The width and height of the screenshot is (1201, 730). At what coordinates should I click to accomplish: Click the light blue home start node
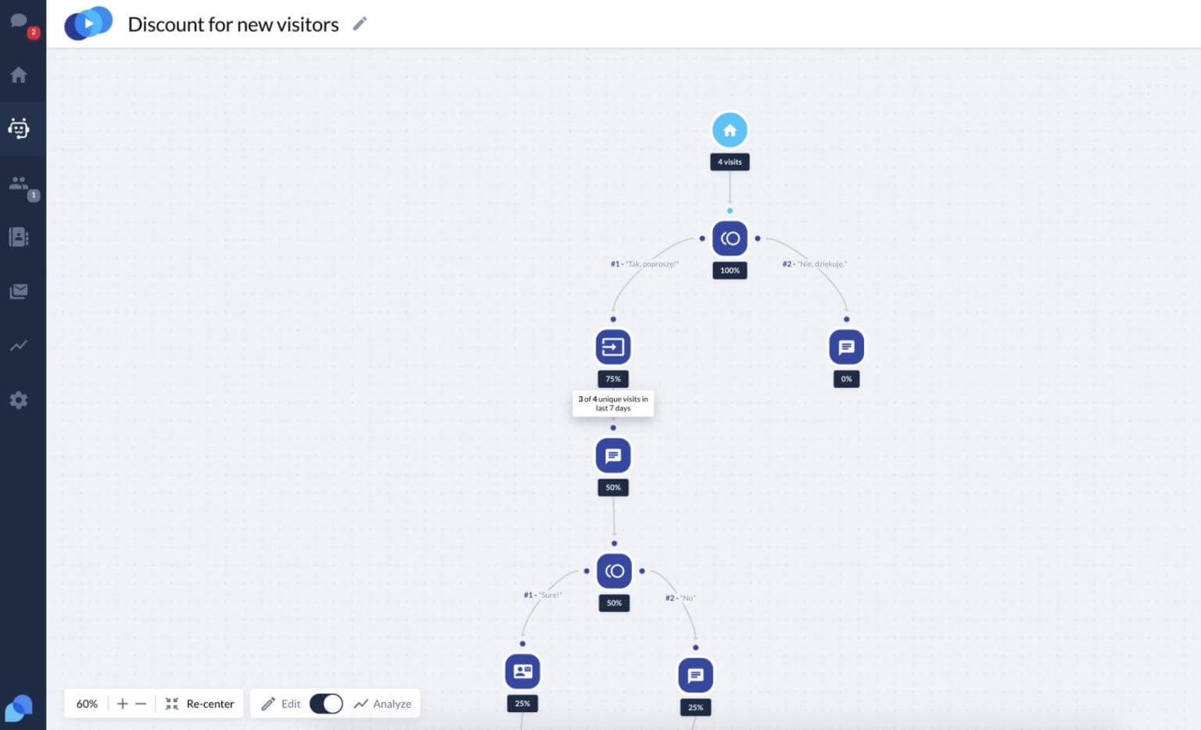(x=730, y=130)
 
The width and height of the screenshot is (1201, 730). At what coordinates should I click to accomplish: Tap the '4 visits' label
(x=730, y=162)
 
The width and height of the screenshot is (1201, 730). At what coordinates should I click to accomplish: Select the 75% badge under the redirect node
(x=613, y=379)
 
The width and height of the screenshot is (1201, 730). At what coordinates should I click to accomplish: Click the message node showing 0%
(x=846, y=347)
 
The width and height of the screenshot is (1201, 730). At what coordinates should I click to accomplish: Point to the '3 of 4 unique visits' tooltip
(x=613, y=403)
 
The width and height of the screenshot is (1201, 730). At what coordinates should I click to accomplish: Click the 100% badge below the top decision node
(x=730, y=270)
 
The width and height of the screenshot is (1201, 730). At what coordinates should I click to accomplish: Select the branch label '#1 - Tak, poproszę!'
(x=644, y=264)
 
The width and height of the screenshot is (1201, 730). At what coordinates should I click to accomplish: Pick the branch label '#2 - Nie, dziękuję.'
(x=814, y=264)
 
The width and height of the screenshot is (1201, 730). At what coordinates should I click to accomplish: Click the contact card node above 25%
(x=522, y=671)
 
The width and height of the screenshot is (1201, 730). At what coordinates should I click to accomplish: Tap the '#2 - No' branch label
(x=680, y=598)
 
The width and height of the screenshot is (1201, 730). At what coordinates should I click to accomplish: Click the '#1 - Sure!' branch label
(x=543, y=595)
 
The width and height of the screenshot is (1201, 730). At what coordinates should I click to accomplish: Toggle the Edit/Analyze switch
(x=326, y=703)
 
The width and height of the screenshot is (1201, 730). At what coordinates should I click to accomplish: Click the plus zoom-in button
(x=123, y=703)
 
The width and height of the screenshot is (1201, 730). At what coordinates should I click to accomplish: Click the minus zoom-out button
(x=141, y=703)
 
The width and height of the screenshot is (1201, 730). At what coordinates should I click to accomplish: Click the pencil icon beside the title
(x=360, y=23)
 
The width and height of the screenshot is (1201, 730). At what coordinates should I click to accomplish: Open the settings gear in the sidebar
(x=19, y=400)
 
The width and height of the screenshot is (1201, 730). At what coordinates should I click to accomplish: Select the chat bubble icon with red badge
(x=19, y=21)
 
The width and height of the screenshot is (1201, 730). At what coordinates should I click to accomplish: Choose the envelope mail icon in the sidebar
(x=19, y=292)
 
